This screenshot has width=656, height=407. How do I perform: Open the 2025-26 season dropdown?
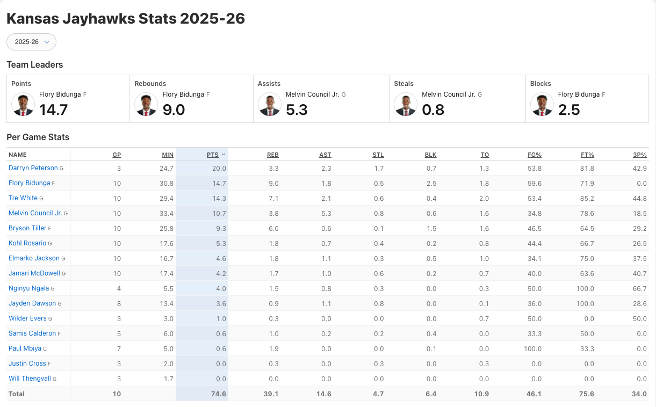pos(31,42)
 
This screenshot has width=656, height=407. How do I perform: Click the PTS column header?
pos(213,155)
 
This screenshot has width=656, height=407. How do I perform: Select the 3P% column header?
pos(639,155)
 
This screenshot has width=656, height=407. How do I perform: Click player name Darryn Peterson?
pos(33,168)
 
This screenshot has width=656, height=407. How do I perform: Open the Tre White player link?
pos(23,198)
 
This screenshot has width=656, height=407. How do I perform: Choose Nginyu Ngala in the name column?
pos(28,288)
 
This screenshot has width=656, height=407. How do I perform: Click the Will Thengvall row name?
pos(30,379)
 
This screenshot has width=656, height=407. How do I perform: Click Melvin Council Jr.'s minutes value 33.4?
pos(167,213)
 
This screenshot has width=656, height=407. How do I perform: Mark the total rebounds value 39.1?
pos(271,394)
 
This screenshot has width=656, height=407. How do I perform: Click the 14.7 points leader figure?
pos(54,110)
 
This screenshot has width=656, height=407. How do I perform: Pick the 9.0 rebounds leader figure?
pos(174,110)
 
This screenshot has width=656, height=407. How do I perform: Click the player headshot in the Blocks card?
pos(542,104)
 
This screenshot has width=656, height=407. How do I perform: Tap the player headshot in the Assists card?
pos(269,104)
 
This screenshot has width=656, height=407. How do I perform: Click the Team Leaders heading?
pos(35,64)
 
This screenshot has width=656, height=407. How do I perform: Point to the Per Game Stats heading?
pos(38,137)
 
